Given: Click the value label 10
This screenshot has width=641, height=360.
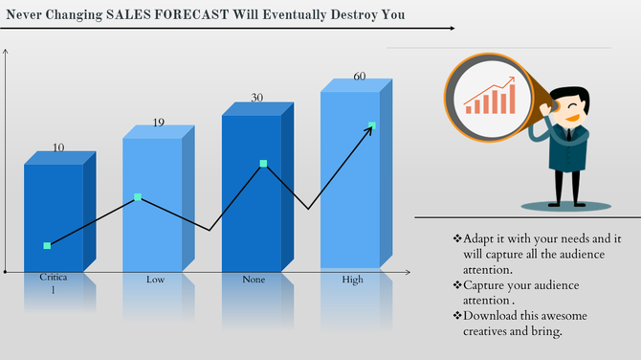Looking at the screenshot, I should (x=58, y=147).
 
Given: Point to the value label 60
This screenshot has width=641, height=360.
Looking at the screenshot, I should (x=360, y=77).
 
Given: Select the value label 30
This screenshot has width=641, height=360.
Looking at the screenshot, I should (x=256, y=98).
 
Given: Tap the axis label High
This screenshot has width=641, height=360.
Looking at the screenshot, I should (x=353, y=280).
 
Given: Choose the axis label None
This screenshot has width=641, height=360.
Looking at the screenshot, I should (x=254, y=280).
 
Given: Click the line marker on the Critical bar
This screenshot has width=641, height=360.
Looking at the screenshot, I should (x=47, y=246).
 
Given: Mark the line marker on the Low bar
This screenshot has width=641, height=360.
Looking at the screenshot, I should (x=138, y=197).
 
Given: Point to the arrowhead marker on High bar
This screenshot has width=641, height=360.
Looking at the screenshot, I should (x=371, y=125).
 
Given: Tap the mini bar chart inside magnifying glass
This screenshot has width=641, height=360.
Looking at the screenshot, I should (x=490, y=98).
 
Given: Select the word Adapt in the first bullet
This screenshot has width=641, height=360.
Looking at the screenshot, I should (x=480, y=237).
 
